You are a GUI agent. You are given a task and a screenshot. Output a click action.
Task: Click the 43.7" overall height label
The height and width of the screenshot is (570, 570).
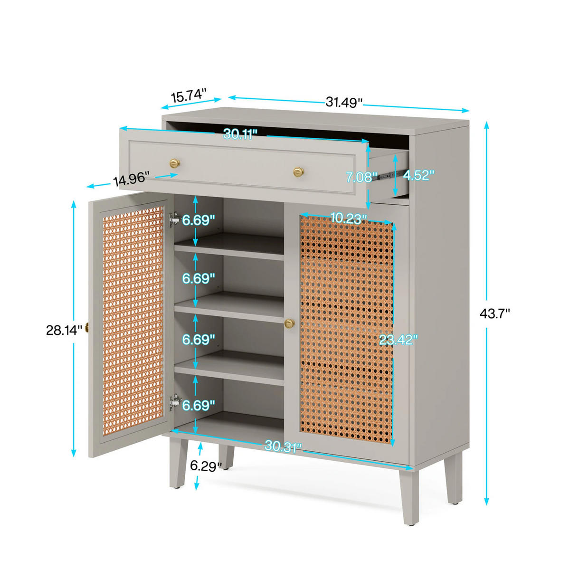(494, 314)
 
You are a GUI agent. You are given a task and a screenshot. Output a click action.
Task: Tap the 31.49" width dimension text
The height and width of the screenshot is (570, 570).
(344, 102)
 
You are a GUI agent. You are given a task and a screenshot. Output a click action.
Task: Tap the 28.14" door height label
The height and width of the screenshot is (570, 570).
(64, 330)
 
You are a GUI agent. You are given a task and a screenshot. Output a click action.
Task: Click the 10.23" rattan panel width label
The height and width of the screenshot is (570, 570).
(348, 218)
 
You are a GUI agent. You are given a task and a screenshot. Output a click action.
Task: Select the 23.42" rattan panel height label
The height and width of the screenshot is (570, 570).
(398, 340)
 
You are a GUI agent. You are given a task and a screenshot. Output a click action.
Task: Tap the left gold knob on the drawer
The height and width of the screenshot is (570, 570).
(174, 163)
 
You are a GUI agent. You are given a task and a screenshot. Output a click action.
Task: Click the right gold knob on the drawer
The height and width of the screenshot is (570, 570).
(298, 171)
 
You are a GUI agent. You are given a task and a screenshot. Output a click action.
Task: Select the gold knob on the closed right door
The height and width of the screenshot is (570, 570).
(290, 323)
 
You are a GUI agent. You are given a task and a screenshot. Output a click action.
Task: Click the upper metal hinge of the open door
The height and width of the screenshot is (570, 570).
(175, 219)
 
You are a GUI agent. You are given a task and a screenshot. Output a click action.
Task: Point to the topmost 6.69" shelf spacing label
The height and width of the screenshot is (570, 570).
(198, 219)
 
